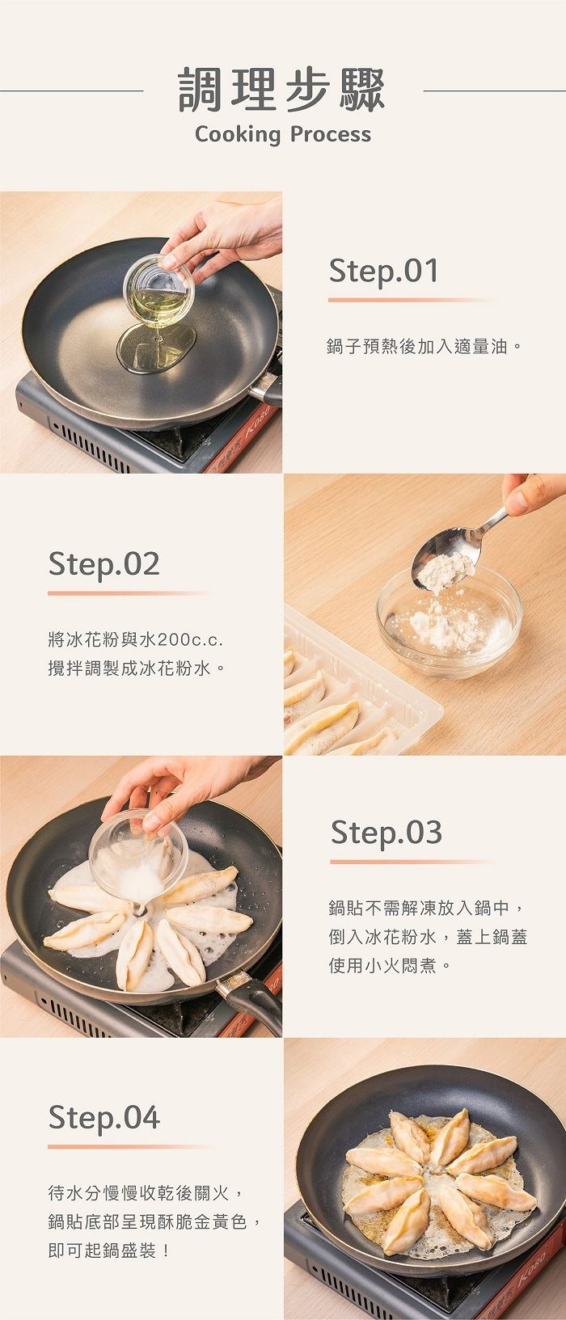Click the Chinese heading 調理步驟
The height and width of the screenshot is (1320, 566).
click(x=282, y=91)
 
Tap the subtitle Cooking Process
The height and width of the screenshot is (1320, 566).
click(x=283, y=134)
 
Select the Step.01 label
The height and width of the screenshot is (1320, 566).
click(x=384, y=271)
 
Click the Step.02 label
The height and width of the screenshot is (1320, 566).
click(x=103, y=564)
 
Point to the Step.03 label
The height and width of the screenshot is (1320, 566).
click(x=386, y=832)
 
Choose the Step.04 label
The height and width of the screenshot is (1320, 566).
click(x=103, y=1117)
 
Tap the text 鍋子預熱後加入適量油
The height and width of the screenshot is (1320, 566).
click(x=417, y=346)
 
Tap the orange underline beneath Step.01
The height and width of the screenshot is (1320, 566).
click(x=411, y=300)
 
